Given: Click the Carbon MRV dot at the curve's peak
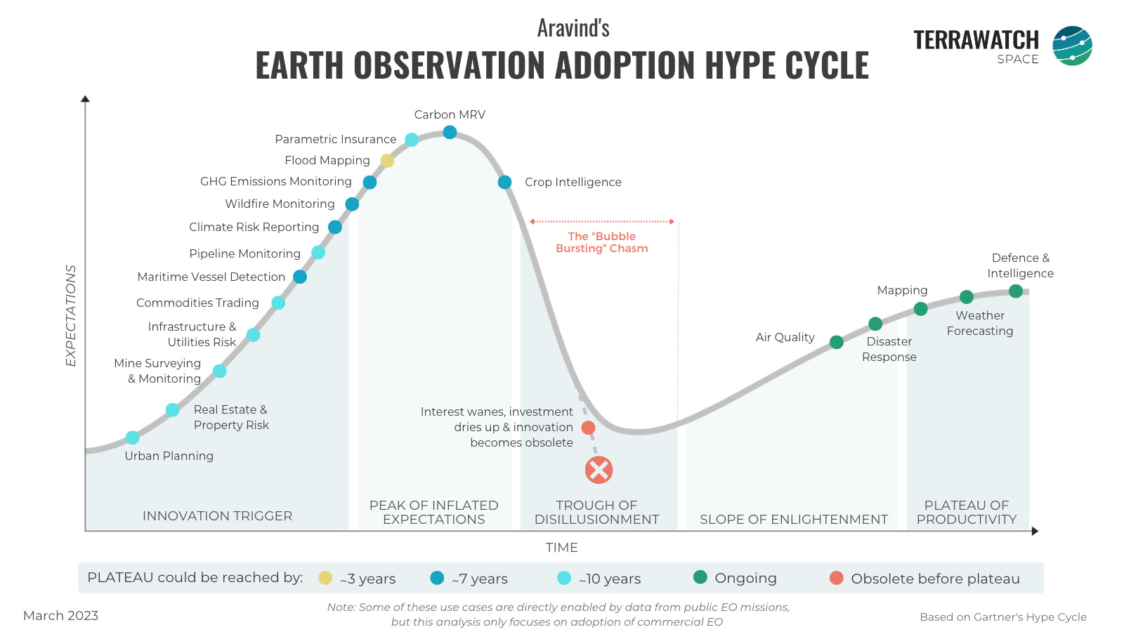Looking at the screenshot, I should click(450, 132).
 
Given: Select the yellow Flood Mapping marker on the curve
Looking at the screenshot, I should click(387, 161).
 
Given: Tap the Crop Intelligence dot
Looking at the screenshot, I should click(504, 183).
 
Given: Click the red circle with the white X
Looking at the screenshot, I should click(599, 470).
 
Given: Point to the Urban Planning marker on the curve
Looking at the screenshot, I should click(132, 437).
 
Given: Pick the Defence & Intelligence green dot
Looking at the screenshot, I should click(1016, 291).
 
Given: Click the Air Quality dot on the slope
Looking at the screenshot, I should click(836, 342).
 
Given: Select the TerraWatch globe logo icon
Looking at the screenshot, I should click(1072, 46).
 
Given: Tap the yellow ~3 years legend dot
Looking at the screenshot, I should click(325, 578).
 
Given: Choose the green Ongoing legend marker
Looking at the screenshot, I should click(700, 577).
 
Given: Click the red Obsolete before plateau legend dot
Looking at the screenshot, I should click(836, 578).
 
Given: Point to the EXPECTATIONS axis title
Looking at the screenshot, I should click(71, 315).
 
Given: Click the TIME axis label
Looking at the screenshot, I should click(561, 548).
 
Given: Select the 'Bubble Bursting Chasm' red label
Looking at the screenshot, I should click(601, 242).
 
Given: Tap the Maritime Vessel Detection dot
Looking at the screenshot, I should click(300, 277).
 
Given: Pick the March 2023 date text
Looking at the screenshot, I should click(60, 616).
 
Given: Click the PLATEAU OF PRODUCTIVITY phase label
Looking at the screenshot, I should click(966, 513).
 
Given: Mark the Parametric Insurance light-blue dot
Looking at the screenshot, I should click(412, 140).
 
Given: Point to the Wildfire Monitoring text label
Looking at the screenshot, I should click(280, 204).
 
